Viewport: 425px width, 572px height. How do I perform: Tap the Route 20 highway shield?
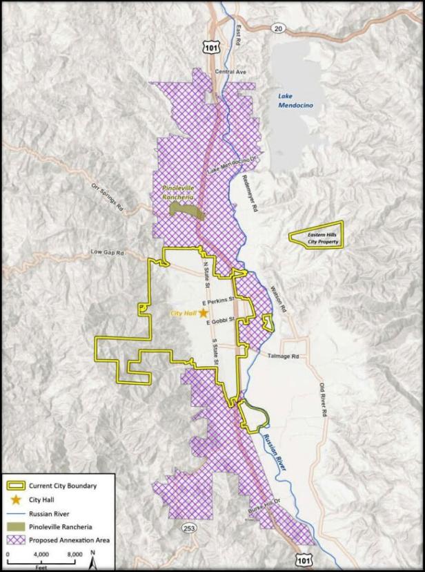(x=277, y=28)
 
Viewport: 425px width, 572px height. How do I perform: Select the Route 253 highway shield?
(x=189, y=528)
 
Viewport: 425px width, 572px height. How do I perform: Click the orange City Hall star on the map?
(x=204, y=313)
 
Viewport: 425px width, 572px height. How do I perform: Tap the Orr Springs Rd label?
(x=107, y=196)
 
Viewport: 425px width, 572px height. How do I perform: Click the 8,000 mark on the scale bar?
(x=74, y=553)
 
